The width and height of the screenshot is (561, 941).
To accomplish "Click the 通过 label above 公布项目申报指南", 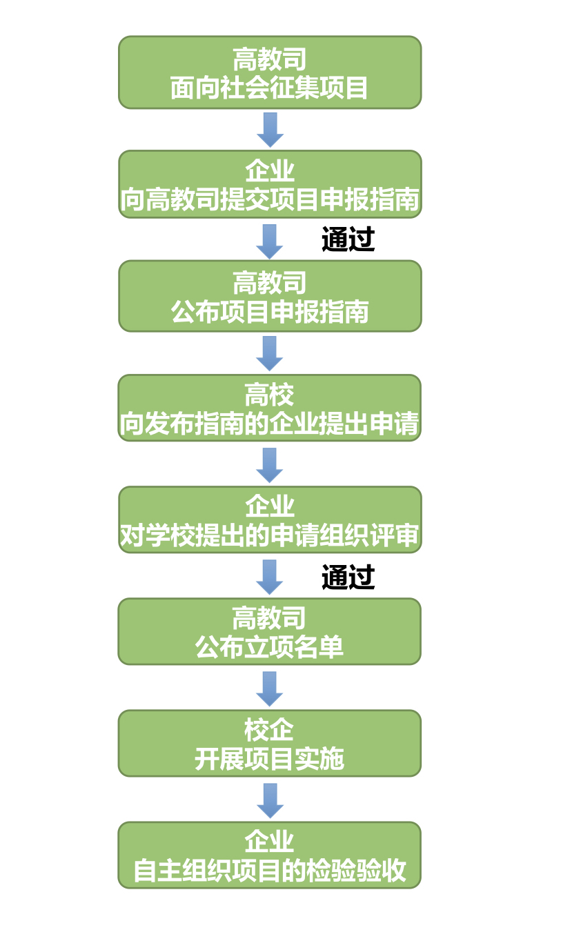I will tap(348, 240).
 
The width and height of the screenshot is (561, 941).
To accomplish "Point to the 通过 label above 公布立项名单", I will tap(348, 577).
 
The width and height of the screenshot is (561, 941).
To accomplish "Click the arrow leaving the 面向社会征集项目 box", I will tap(270, 130).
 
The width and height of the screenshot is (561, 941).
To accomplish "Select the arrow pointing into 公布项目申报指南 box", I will tap(270, 241).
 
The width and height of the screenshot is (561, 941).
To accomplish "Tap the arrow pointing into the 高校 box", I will tap(270, 353).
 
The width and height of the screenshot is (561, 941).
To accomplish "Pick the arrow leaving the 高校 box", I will tap(270, 465).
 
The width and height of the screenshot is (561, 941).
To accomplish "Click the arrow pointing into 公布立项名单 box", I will tap(270, 577).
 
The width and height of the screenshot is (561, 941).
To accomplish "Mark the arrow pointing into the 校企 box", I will tap(270, 689).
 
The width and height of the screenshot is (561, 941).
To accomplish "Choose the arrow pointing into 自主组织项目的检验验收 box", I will tap(270, 800).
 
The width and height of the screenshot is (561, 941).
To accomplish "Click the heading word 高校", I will tap(269, 395).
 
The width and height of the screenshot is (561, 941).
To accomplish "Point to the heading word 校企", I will tap(269, 729).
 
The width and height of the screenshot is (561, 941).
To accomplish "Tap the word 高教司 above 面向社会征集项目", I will tap(269, 59).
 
